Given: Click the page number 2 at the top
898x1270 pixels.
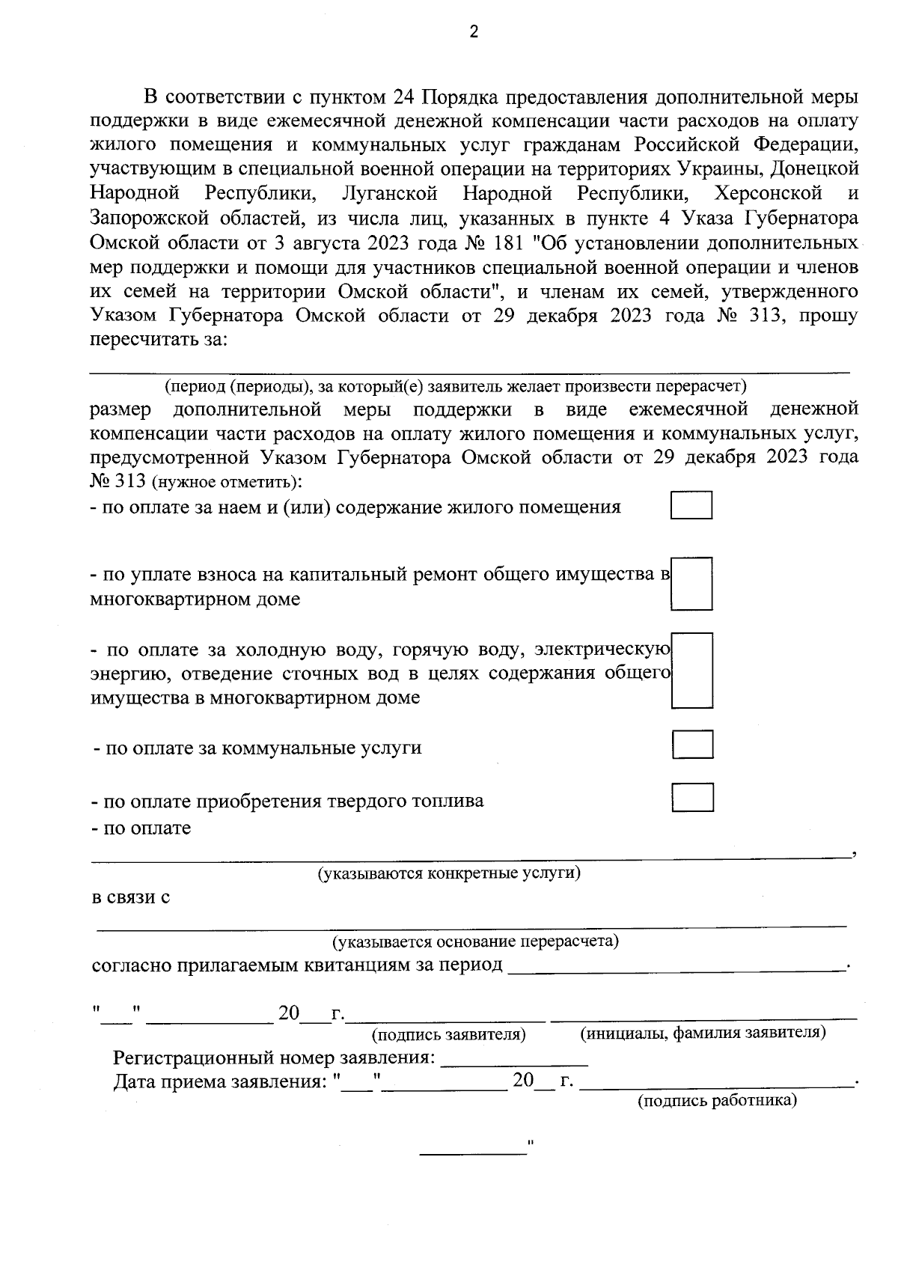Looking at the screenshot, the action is point(473,31).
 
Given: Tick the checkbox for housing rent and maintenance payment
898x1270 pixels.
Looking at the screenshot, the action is point(691,505).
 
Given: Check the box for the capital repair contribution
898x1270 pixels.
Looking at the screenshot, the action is point(691,584).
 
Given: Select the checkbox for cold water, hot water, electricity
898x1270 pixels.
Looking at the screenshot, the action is point(691,671).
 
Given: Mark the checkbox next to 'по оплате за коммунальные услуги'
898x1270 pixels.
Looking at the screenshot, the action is point(692,745).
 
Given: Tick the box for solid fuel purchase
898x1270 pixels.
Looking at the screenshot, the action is point(692,798).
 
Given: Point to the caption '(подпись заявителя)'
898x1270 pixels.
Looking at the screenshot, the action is point(449,1035).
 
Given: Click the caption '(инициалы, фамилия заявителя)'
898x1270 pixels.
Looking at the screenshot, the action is point(703,1034).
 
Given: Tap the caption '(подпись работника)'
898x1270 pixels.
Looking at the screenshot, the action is point(717,1101).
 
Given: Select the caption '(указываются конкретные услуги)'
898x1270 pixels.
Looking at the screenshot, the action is point(449,873).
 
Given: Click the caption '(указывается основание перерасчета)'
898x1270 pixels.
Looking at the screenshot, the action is point(475,941).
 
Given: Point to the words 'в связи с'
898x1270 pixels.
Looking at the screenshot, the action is point(130,897).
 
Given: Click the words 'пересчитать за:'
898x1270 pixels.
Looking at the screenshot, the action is point(157,340).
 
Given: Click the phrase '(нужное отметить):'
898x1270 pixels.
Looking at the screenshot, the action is point(227,482).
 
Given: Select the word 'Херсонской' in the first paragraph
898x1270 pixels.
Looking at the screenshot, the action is point(769,195).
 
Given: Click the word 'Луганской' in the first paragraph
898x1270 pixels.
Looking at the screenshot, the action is point(389,195).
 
